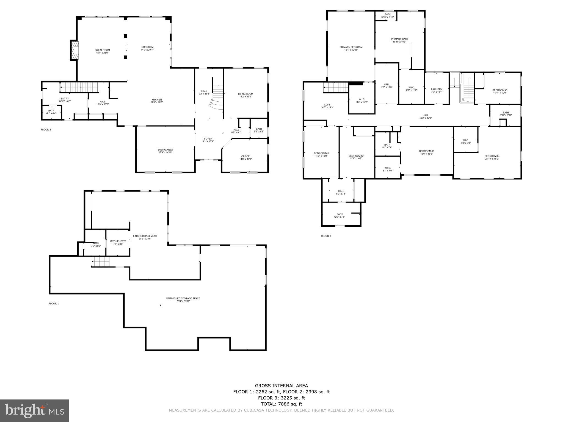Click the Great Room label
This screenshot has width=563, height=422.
102,50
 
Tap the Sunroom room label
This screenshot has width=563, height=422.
147,47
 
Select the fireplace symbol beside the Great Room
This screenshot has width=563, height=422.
74,50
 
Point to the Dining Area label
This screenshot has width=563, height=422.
165,150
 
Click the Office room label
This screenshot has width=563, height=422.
245,156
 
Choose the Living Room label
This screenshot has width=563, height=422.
245,94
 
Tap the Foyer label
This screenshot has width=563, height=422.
208,139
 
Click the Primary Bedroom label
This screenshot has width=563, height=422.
351,47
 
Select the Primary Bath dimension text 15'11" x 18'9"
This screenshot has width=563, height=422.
399,42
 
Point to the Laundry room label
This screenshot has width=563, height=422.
437,89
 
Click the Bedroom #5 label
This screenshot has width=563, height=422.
499,90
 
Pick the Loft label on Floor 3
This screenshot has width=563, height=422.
327,105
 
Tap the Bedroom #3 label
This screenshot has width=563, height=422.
426,151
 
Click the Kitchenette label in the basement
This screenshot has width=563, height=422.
118,241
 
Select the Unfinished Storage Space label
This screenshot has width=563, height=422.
183,298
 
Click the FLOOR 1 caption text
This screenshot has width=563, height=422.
54,304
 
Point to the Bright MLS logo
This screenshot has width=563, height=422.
34,410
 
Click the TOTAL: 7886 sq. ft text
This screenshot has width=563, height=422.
281,404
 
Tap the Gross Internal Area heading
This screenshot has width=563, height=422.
281,386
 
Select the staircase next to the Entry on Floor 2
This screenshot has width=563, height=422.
79,87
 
